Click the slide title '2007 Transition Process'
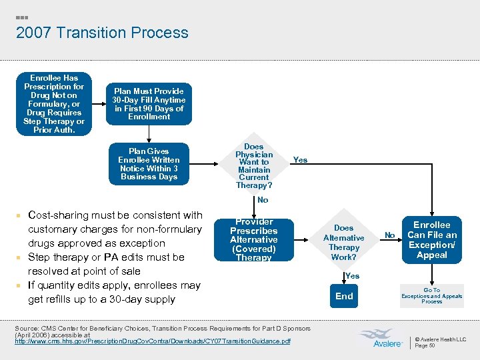pos(102,33)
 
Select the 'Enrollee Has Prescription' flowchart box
pos(54,104)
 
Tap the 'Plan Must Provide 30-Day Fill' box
pos(149,103)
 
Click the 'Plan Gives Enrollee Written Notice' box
pos(149,164)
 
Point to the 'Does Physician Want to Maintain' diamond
pos(254,165)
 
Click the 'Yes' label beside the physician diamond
pos(301,160)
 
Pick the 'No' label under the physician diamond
pos(263,200)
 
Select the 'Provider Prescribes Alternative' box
pos(254,240)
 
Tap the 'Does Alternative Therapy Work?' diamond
pos(344,242)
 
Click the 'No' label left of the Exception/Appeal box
pos(390,234)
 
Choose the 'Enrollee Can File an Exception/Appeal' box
pos(432,240)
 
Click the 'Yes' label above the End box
pos(353,276)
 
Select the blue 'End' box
pos(344,296)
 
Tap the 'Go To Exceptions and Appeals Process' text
pos(432,296)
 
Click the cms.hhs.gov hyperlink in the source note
pos(153,341)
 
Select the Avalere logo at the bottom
pos(379,339)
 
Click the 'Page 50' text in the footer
pos(425,346)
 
